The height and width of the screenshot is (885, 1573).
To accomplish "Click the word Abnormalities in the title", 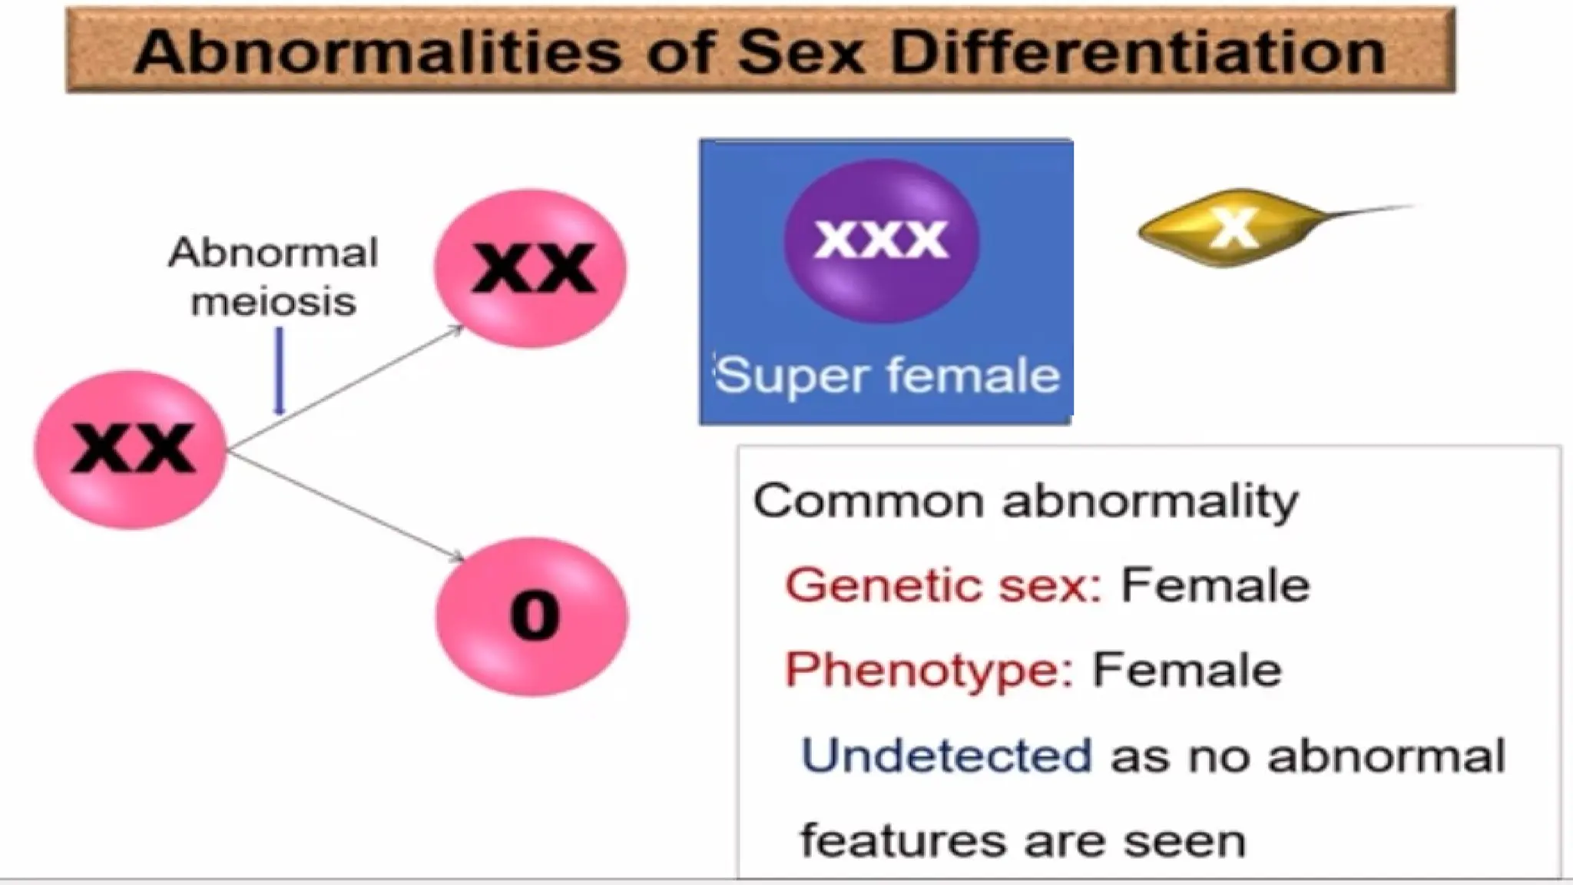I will (377, 52).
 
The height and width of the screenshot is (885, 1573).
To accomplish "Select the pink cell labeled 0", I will (532, 616).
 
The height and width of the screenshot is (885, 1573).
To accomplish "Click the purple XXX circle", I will (881, 239).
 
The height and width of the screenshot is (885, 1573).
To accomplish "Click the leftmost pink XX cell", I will (131, 449).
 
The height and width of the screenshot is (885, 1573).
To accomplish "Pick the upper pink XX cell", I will (531, 268).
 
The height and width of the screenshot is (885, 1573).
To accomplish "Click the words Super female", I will (887, 376).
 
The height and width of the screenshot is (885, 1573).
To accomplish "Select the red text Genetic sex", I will (943, 585).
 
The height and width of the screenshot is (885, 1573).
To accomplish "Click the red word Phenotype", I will (929, 670).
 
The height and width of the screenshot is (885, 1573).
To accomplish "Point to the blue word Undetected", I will (945, 755).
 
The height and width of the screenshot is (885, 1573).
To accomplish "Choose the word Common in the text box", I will (869, 501).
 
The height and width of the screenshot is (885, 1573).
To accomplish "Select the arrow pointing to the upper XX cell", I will (346, 387).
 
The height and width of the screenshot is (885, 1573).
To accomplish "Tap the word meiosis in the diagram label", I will (273, 301).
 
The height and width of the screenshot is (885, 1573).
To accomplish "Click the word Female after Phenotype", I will (1187, 670).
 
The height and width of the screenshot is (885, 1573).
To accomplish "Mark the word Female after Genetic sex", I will (1215, 585).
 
